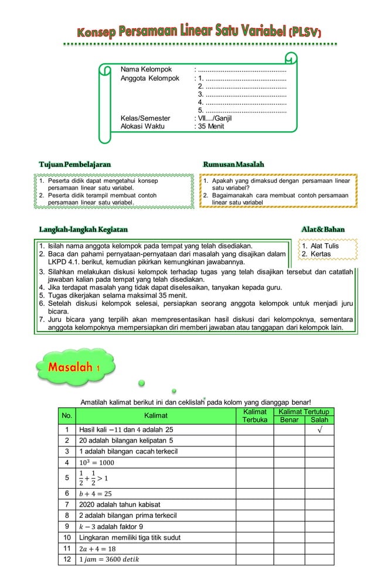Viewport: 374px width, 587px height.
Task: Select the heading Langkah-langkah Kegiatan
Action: (83, 229)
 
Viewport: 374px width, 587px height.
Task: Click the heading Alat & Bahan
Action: (322, 229)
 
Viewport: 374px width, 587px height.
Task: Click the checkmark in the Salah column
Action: (319, 429)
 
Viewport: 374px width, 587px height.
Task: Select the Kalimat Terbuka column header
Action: (255, 416)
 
